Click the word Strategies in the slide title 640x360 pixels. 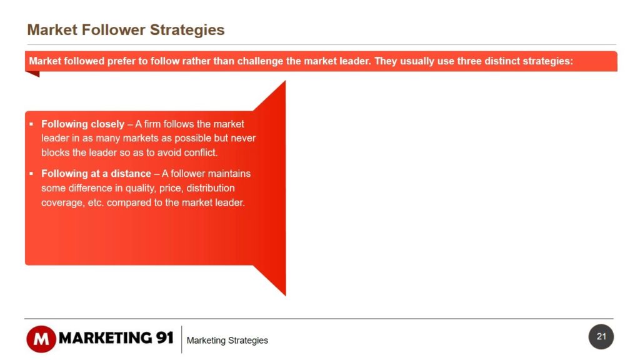coord(187,31)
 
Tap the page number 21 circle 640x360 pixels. coord(601,337)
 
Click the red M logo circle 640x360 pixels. coord(41,339)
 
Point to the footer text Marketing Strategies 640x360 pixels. coord(227,341)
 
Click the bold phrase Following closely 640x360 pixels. coord(83,124)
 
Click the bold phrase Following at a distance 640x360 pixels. coord(96,174)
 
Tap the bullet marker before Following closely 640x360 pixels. coord(31,124)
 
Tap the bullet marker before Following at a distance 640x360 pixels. coord(31,174)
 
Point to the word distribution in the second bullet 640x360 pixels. coord(211,188)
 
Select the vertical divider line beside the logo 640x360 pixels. coord(182,339)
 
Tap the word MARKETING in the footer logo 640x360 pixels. coord(105,338)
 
